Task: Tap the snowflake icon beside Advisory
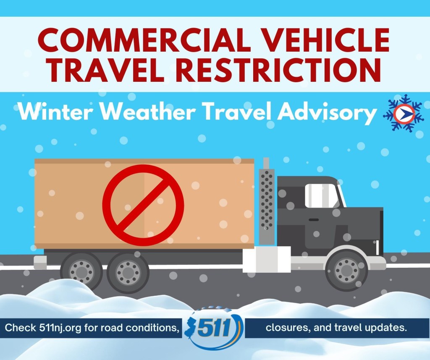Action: point(403,112)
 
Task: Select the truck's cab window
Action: point(322,196)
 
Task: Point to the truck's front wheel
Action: point(346,270)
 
